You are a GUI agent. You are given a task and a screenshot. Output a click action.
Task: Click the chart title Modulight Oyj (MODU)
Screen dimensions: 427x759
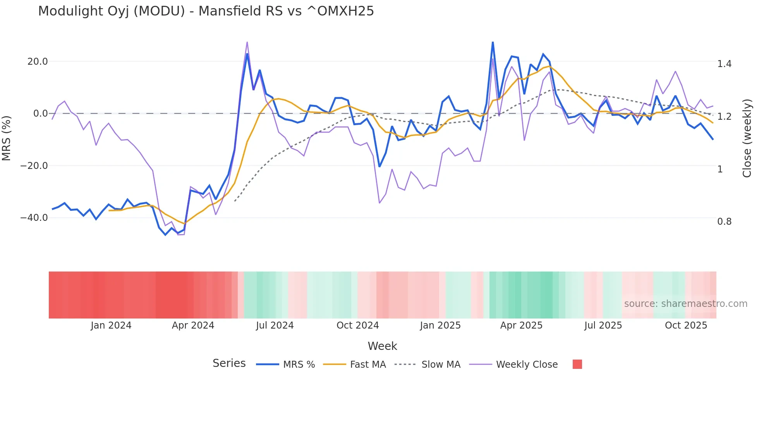[x=206, y=11]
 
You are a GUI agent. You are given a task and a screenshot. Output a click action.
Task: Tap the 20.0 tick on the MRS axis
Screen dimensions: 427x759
[x=38, y=62]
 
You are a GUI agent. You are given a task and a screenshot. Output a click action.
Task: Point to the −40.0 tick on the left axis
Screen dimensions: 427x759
[x=34, y=218]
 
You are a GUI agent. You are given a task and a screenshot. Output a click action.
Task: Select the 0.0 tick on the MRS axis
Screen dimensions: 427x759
[x=41, y=114]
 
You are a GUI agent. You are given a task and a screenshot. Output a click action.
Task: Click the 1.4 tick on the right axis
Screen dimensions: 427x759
[x=724, y=64]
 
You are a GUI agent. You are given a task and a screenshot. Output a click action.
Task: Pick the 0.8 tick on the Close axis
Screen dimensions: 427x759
[x=724, y=222]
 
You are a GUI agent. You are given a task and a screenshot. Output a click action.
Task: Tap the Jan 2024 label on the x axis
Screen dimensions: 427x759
[x=111, y=325]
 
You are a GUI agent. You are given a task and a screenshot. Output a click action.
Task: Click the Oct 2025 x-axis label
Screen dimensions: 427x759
[x=686, y=325]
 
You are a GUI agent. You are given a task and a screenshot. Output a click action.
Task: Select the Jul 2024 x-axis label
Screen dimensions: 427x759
[x=275, y=325]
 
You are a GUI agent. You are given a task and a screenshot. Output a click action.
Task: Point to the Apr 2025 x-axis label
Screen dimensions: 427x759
[x=521, y=325]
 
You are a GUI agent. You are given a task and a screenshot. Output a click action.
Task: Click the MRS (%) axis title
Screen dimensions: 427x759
[x=7, y=138]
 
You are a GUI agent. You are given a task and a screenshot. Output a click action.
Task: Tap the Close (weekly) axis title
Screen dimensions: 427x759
[x=747, y=138]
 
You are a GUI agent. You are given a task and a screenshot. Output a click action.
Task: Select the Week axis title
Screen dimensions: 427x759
[x=382, y=346]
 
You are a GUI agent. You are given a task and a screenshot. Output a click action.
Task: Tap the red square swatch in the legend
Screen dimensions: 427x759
[x=577, y=364]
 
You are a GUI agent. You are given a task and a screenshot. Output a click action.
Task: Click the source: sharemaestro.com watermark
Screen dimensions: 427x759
[x=685, y=304]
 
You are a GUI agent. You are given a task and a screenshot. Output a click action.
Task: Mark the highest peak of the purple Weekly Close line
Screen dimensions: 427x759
[x=247, y=42]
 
